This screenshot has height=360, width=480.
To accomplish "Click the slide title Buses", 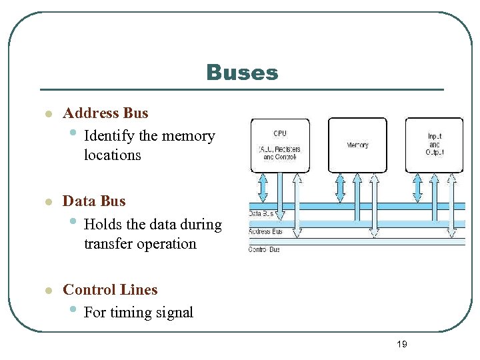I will [x=242, y=73].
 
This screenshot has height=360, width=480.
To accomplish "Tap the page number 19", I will [x=401, y=344].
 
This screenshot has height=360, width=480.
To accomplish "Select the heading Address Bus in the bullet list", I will [x=105, y=113].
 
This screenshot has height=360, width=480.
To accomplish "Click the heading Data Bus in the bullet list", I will [x=94, y=201].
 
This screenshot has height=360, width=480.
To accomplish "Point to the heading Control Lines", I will [x=110, y=290].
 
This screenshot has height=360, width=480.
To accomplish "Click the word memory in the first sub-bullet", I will [x=189, y=136].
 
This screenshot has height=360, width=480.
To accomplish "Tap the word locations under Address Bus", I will [x=113, y=155].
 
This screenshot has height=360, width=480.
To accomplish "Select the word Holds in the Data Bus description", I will [x=102, y=225].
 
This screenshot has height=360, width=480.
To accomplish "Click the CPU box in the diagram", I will [x=280, y=145].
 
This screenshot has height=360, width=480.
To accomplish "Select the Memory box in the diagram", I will [x=357, y=145].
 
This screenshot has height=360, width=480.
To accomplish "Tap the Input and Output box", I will [x=434, y=145].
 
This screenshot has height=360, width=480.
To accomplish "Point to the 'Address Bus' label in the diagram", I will [x=265, y=231].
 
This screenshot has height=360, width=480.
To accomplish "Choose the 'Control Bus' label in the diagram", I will [x=264, y=249].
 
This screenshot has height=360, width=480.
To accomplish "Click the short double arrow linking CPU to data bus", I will [x=263, y=188].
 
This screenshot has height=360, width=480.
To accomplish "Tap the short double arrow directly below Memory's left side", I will [x=341, y=188].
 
